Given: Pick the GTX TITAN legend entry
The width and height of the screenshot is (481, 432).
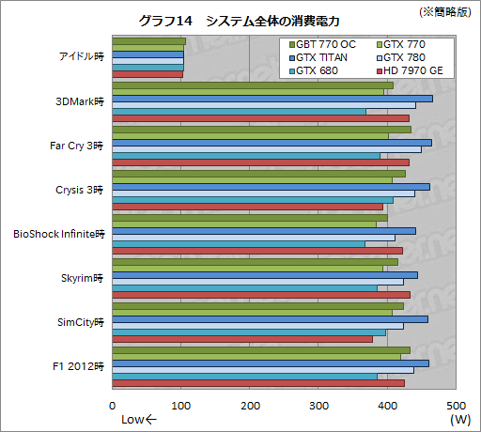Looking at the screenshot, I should (319, 57).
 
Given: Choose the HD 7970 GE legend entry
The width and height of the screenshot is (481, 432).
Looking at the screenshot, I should (410, 70).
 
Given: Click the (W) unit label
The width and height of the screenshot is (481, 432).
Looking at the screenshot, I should (459, 419).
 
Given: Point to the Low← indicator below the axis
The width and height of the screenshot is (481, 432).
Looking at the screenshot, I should (139, 420).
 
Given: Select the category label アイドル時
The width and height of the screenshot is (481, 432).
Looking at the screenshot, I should (80, 57).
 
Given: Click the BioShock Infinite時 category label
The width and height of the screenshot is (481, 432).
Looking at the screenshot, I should (60, 233).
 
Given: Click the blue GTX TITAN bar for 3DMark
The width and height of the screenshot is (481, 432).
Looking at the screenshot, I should (272, 98).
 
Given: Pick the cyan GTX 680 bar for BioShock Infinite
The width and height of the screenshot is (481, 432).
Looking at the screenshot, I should (239, 244).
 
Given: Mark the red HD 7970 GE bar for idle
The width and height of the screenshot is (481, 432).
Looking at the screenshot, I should (147, 74).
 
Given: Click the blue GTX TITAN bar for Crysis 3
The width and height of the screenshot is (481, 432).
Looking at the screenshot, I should (271, 186).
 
